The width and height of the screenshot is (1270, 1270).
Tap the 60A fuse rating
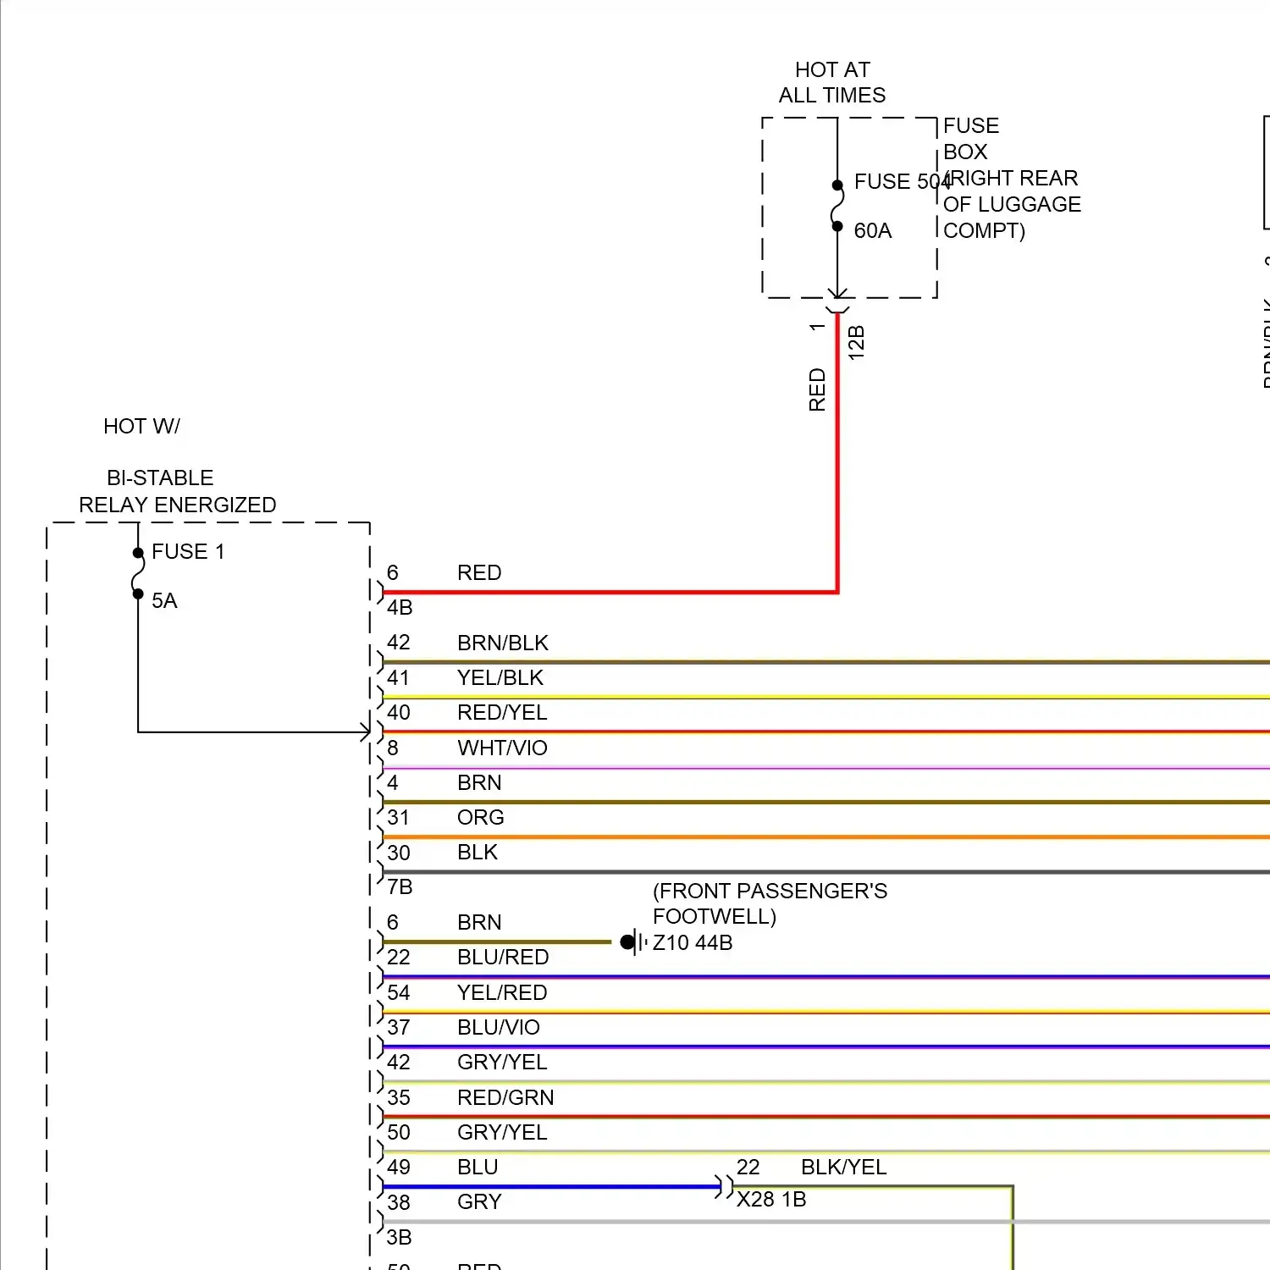click(872, 230)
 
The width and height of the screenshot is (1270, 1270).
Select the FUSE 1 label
click(188, 551)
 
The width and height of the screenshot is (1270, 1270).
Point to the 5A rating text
click(164, 600)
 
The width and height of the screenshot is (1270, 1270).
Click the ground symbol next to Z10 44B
click(633, 941)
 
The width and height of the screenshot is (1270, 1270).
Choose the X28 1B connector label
click(770, 1199)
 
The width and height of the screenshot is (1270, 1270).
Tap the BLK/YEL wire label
click(843, 1167)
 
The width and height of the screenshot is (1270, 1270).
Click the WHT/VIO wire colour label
click(502, 748)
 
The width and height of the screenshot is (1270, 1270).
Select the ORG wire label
click(480, 817)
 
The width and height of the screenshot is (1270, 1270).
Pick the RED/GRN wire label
click(505, 1097)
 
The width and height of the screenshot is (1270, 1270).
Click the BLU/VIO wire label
click(498, 1027)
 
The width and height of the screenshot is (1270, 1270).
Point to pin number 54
click(398, 992)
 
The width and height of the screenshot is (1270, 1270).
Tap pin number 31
click(398, 817)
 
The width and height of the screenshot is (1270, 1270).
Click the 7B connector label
click(400, 886)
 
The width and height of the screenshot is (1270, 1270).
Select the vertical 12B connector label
click(856, 342)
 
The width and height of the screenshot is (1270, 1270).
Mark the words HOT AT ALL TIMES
click(832, 82)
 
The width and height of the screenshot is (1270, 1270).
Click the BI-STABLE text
click(160, 478)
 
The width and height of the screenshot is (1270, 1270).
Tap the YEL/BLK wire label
click(500, 677)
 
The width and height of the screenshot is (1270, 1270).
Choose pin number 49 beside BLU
click(398, 1167)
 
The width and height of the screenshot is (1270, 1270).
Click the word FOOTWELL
click(714, 916)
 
